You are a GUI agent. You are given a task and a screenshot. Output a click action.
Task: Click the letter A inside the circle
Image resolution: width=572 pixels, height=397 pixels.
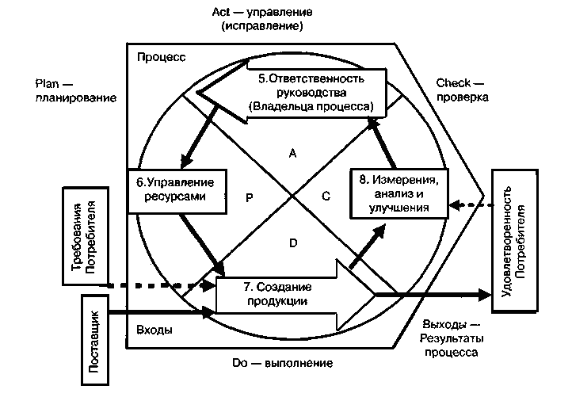(292, 155)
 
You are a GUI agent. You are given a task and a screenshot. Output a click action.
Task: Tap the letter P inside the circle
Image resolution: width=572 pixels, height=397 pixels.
(248, 199)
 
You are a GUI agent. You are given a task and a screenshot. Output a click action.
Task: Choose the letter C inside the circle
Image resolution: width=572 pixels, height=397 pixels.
(326, 198)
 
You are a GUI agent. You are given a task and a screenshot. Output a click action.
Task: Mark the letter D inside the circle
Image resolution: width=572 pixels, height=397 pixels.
(292, 243)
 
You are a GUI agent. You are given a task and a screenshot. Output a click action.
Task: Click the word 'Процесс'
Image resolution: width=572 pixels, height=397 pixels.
(161, 58)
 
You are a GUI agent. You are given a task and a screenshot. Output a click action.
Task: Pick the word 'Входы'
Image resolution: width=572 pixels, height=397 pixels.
(155, 330)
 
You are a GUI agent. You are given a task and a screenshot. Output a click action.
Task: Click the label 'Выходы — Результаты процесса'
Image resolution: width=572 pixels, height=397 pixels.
(450, 338)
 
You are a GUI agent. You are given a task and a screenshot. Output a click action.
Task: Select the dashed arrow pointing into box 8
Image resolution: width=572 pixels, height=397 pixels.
(469, 205)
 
